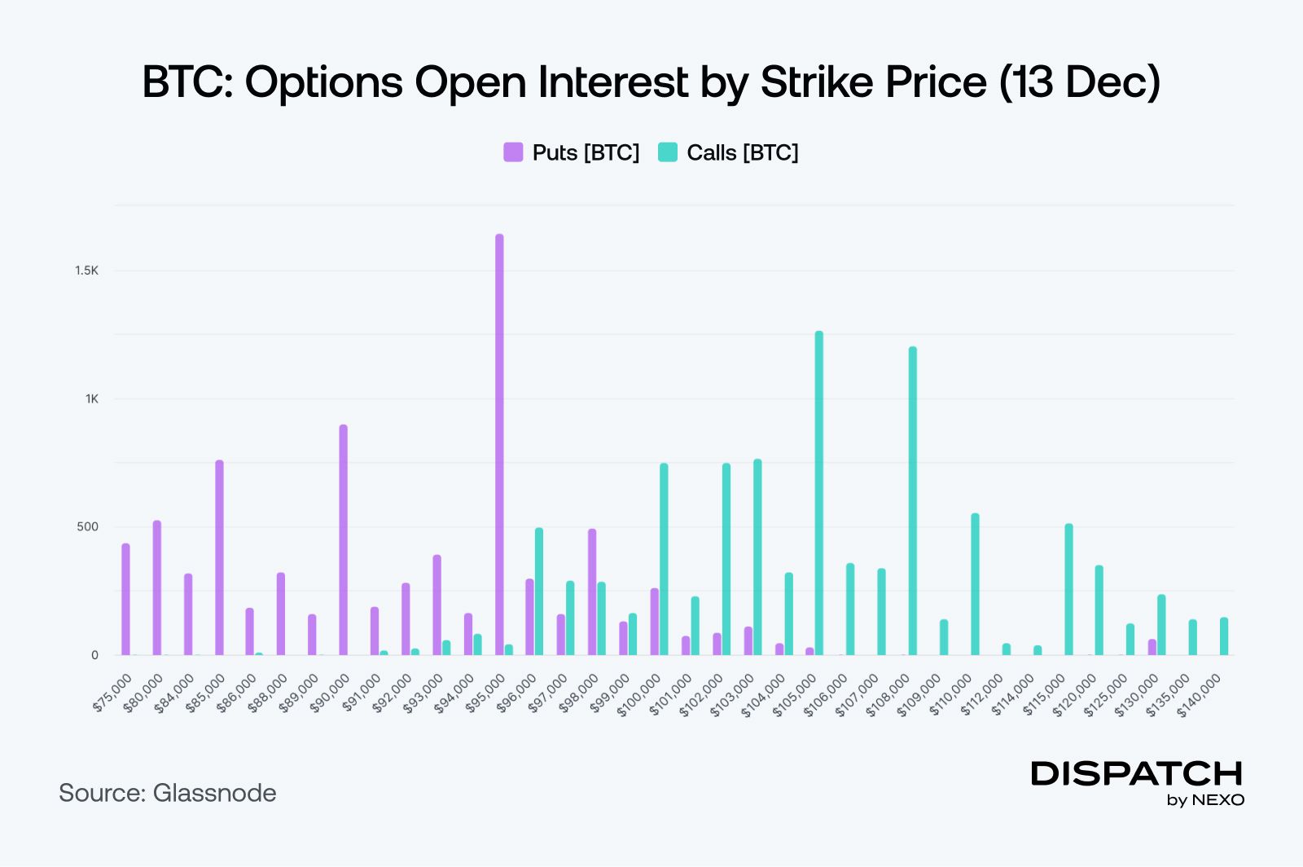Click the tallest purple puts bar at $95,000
(499, 444)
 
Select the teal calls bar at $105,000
(819, 493)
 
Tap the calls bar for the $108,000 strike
(913, 500)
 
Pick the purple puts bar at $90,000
(344, 539)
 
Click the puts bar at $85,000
(219, 557)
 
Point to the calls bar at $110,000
(975, 583)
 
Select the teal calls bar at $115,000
(1068, 589)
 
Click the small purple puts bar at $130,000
(1152, 647)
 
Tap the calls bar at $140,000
(1224, 636)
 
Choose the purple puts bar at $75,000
(125, 599)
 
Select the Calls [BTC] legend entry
(728, 152)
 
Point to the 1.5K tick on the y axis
(86, 271)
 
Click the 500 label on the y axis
(87, 526)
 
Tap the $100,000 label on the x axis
(640, 695)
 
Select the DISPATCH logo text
(1137, 773)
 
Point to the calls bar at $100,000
(665, 559)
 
